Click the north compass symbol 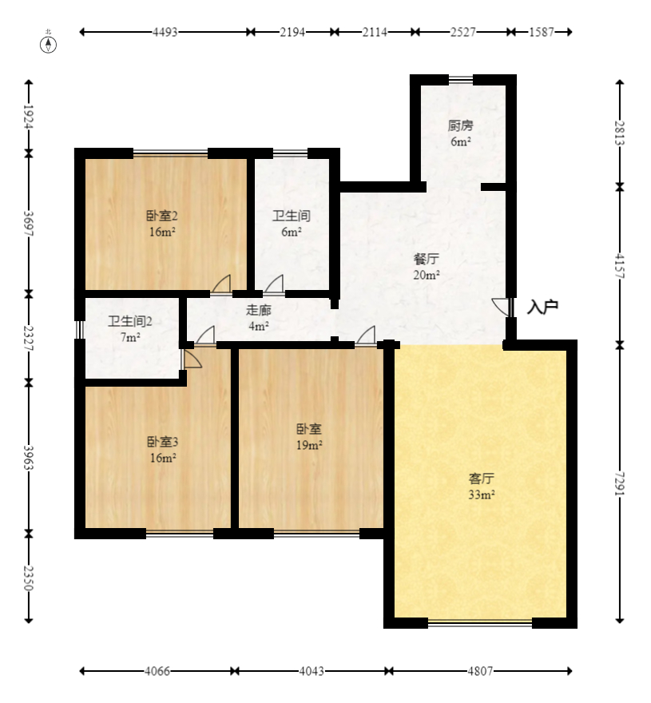pos(49,45)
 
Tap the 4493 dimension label pos(165,32)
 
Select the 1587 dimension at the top pos(542,32)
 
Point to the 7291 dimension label pos(620,483)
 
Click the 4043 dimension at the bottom pos(312,671)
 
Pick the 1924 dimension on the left pos(29,117)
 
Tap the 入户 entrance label pos(542,307)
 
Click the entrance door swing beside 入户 pos(502,307)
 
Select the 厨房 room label pos(460,125)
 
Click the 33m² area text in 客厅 pos(482,495)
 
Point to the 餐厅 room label pos(427,259)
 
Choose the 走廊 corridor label pos(259,310)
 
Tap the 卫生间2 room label pos(130,321)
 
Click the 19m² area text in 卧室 pos(309,445)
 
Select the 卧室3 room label pos(163,442)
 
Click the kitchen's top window pos(461,80)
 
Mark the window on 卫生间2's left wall pos(79,329)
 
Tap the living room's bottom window pos(480,623)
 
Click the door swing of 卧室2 pos(221,284)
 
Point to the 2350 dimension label pos(29,578)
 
